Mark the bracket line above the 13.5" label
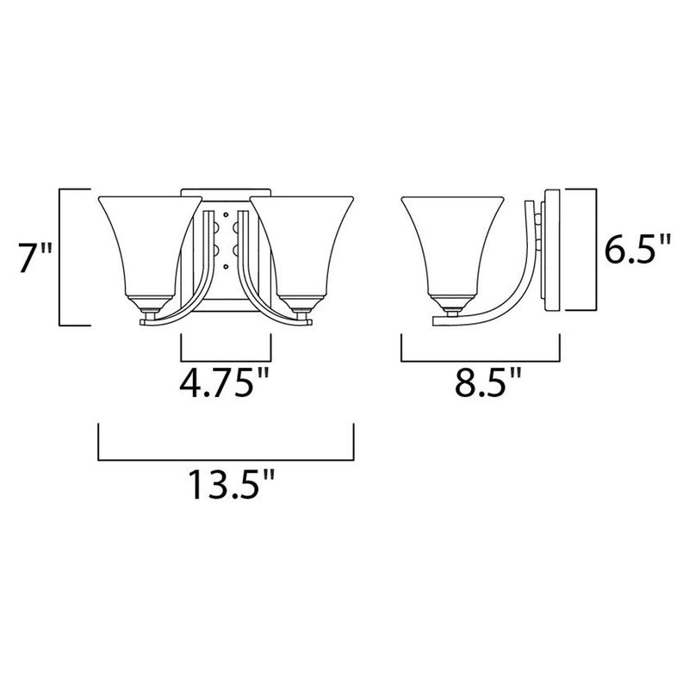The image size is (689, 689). tap(227, 456)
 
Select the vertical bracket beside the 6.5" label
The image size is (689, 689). tap(595, 250)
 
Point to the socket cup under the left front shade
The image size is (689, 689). tap(152, 304)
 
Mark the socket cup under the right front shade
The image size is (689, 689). tap(301, 304)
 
